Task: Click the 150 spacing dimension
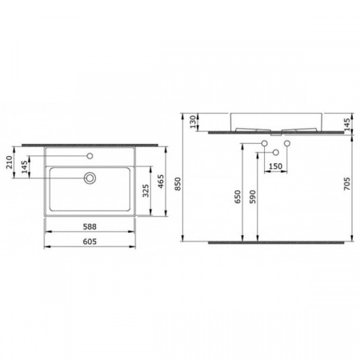coord(274,166)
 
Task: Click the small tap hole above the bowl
coord(90,156)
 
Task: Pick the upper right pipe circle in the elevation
coord(285,142)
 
